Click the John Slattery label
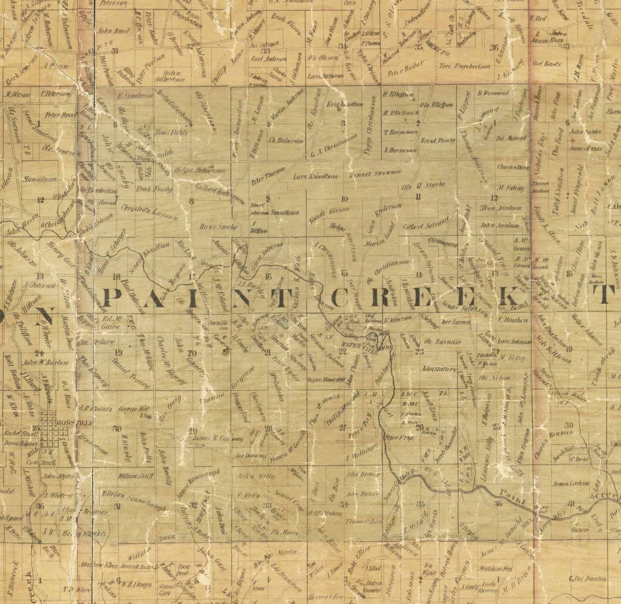(x=438, y=368)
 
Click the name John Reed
(x=108, y=30)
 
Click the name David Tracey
(x=130, y=374)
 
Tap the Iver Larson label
(x=456, y=322)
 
